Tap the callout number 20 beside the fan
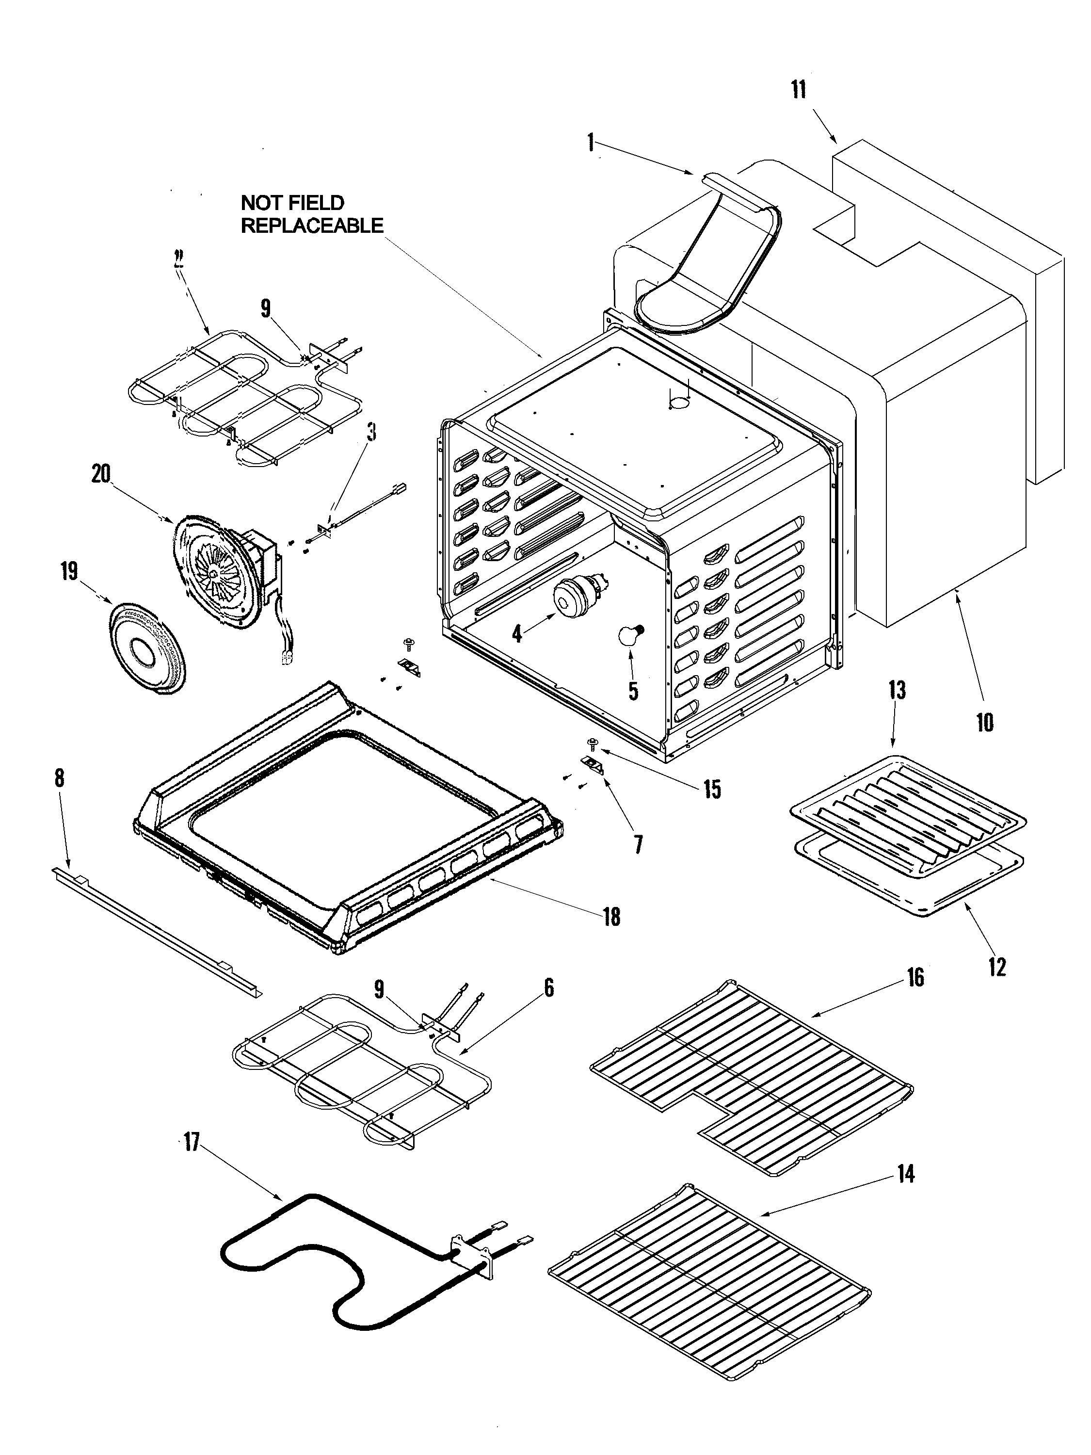tap(101, 473)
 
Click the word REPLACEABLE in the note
tap(312, 226)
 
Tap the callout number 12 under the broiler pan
tap(997, 966)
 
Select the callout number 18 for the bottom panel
tap(611, 916)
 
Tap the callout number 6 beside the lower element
tap(548, 987)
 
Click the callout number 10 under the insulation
tap(984, 722)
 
